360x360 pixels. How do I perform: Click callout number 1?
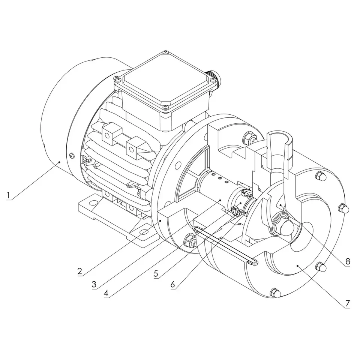9,195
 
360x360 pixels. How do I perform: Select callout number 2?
79,271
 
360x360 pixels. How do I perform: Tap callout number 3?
94,285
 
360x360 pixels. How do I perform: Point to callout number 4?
106,293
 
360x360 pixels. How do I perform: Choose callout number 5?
156,273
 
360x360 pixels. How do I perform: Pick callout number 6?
172,285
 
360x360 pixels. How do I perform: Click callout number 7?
347,303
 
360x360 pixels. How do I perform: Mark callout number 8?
348,261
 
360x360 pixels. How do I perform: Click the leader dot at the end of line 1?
59,162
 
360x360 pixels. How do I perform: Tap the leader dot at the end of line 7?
297,266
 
